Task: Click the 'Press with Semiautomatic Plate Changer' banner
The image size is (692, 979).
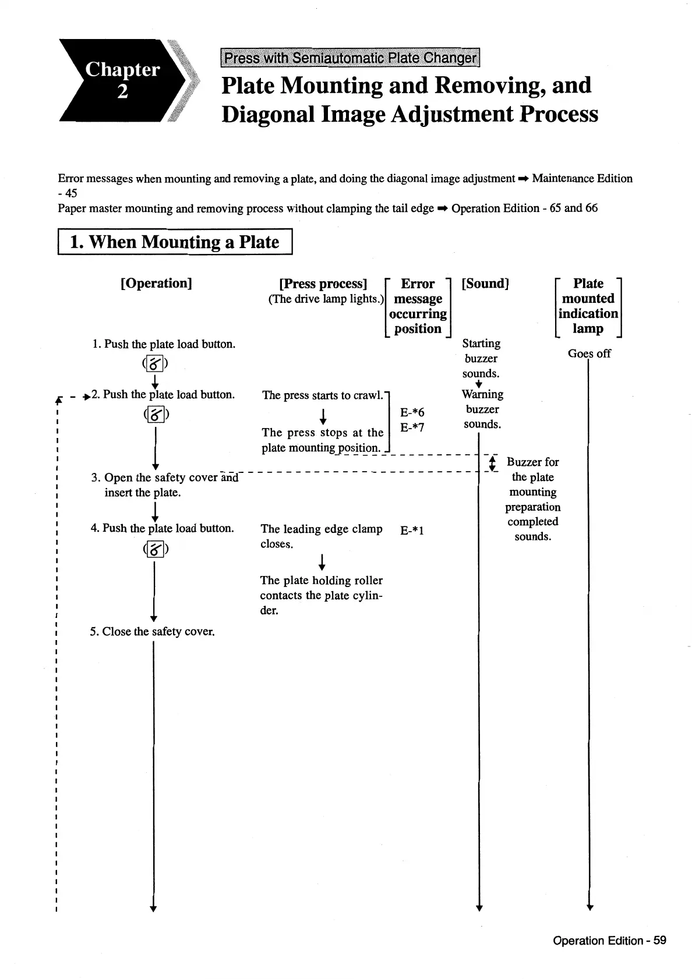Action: pyautogui.click(x=350, y=58)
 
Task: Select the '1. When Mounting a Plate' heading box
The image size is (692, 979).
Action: pyautogui.click(x=175, y=242)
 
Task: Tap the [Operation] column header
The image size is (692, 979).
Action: pyautogui.click(x=156, y=283)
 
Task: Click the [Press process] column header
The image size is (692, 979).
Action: pyautogui.click(x=323, y=284)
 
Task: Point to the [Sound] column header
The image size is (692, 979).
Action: pyautogui.click(x=485, y=284)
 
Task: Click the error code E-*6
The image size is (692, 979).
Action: pyautogui.click(x=412, y=412)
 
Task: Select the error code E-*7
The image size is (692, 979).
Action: pyautogui.click(x=412, y=427)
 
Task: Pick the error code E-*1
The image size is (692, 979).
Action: pyautogui.click(x=412, y=530)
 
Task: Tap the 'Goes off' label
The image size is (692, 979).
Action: pyautogui.click(x=589, y=354)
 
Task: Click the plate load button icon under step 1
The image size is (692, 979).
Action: pyautogui.click(x=155, y=365)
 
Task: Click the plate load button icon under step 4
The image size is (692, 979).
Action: pyautogui.click(x=155, y=549)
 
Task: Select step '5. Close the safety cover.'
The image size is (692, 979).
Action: pyautogui.click(x=153, y=631)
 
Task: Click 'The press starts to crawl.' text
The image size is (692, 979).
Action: pyautogui.click(x=323, y=395)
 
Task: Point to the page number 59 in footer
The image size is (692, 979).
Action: pyautogui.click(x=659, y=940)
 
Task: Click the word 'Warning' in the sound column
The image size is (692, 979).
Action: pyautogui.click(x=482, y=394)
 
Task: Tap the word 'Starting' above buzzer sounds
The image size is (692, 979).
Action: pyautogui.click(x=481, y=343)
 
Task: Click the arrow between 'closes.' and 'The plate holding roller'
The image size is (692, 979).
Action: pyautogui.click(x=322, y=562)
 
